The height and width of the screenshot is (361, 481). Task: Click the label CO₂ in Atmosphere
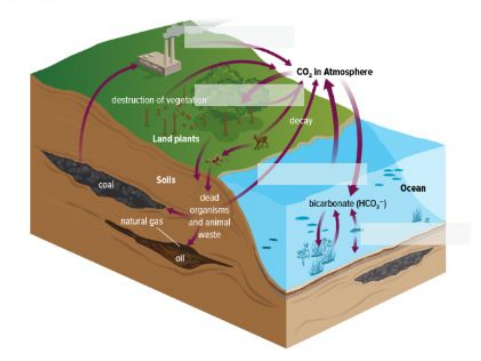pos(334,72)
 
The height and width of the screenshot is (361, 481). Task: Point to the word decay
pos(301,121)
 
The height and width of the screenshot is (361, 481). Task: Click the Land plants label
pos(175,139)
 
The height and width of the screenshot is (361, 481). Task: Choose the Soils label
pos(165,180)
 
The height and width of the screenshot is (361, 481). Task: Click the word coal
pos(106,185)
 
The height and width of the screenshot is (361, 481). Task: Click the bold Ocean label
pos(412,188)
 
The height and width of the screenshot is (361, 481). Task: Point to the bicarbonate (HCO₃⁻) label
pos(348,202)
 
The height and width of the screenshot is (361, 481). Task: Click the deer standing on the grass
pos(261,141)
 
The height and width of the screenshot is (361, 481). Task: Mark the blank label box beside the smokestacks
pos(239,36)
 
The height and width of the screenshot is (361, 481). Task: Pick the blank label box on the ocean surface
pos(312,173)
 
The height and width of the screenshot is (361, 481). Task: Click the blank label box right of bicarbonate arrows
pos(416,233)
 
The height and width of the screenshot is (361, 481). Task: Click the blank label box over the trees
pos(249,95)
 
